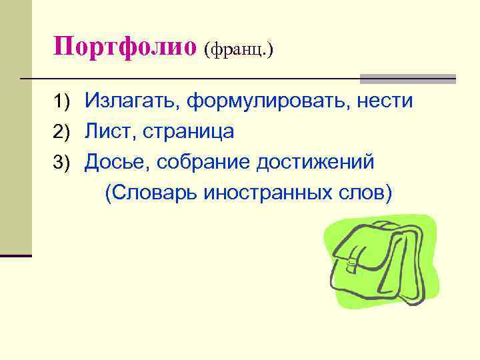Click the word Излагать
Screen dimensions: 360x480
pos(132,101)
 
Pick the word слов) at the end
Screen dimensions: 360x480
pos(365,192)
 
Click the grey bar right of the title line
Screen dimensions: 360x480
pos(407,79)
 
